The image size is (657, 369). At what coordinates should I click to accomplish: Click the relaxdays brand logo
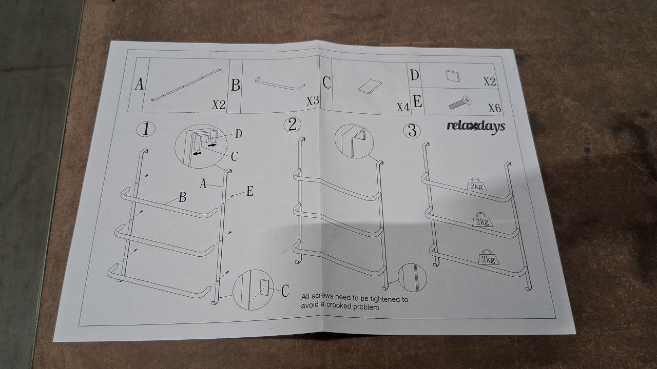pyautogui.click(x=475, y=126)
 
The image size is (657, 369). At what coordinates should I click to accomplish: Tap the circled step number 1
pyautogui.click(x=146, y=129)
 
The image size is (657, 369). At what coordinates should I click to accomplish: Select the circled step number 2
pyautogui.click(x=292, y=125)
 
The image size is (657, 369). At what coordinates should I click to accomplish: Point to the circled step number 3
pyautogui.click(x=412, y=130)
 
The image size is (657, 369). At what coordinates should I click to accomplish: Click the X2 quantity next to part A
pyautogui.click(x=219, y=105)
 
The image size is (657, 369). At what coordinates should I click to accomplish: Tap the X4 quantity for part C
pyautogui.click(x=402, y=107)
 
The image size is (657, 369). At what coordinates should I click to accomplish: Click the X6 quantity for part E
pyautogui.click(x=494, y=108)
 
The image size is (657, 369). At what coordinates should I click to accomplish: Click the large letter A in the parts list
pyautogui.click(x=139, y=85)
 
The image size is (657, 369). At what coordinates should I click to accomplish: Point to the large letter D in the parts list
pyautogui.click(x=415, y=75)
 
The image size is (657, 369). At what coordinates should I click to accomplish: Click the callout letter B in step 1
pyautogui.click(x=182, y=197)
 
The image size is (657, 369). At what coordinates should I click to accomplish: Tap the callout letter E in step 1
pyautogui.click(x=250, y=192)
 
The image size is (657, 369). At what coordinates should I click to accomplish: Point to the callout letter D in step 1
pyautogui.click(x=239, y=134)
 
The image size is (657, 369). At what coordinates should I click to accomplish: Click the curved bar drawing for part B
pyautogui.click(x=280, y=85)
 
